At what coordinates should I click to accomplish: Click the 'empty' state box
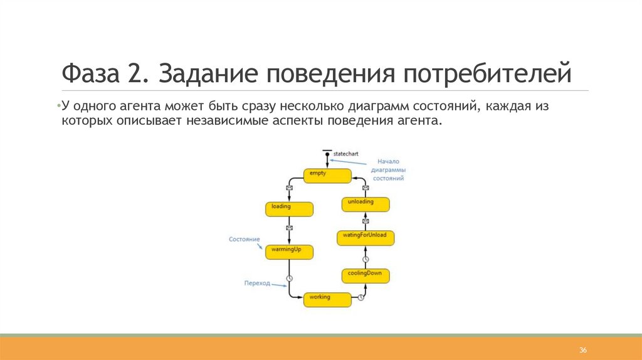click(327, 176)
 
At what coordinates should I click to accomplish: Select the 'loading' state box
click(289, 209)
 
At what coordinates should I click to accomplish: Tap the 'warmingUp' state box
click(289, 252)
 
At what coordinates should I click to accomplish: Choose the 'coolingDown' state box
click(366, 276)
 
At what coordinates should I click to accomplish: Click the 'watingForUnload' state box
click(366, 237)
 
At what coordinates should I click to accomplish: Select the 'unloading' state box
click(366, 204)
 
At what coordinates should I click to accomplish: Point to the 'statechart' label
click(346, 154)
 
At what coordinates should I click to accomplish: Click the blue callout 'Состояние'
click(244, 240)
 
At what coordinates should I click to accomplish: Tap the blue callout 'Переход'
click(257, 283)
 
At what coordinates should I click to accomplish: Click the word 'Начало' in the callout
click(388, 161)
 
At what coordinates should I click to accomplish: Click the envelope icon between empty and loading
click(289, 187)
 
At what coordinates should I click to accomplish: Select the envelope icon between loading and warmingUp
click(289, 228)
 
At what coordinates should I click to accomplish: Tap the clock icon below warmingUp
click(289, 278)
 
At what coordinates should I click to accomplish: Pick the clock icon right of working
click(361, 298)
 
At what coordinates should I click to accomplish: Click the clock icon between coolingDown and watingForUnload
click(366, 258)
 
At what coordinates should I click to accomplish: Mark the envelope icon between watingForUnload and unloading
click(366, 221)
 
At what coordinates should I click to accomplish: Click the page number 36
click(582, 349)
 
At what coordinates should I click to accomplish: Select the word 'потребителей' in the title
click(487, 75)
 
